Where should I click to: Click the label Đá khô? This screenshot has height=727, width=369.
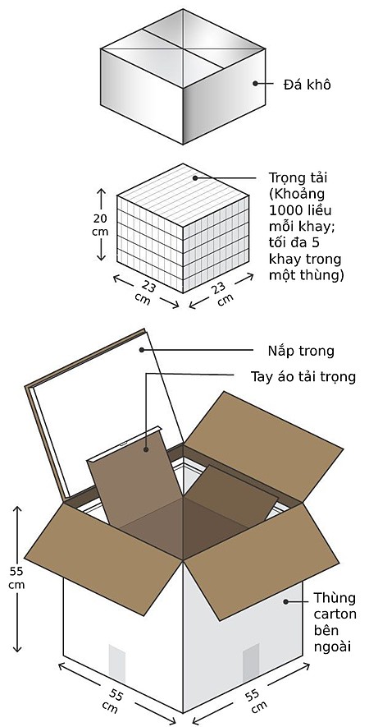coord(307,85)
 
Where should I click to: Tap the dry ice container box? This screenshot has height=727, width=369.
coord(183,76)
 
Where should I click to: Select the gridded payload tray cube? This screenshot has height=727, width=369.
coord(183,228)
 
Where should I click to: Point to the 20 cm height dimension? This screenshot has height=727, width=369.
coord(101,225)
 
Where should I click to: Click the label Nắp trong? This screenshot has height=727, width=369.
coord(301,351)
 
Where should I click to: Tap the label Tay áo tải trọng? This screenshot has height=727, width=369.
coord(303,376)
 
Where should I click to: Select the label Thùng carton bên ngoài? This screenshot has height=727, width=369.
coord(335,622)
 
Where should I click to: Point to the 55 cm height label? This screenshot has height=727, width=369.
coord(17,577)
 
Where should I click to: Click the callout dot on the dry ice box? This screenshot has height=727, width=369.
coord(255,84)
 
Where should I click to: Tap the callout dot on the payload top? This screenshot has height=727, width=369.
coord(195,177)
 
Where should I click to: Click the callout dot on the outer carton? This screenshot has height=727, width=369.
coord(286,601)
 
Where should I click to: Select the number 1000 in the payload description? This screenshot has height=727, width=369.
coord(284,210)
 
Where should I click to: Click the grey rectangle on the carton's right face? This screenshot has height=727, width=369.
coord(251,663)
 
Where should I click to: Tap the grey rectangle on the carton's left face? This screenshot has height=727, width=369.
coord(116,663)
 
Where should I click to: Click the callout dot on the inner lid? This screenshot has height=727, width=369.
coord(142,350)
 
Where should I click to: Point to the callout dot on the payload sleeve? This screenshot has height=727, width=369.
coord(146,449)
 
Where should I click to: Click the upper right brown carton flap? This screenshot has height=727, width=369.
coord(263,448)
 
